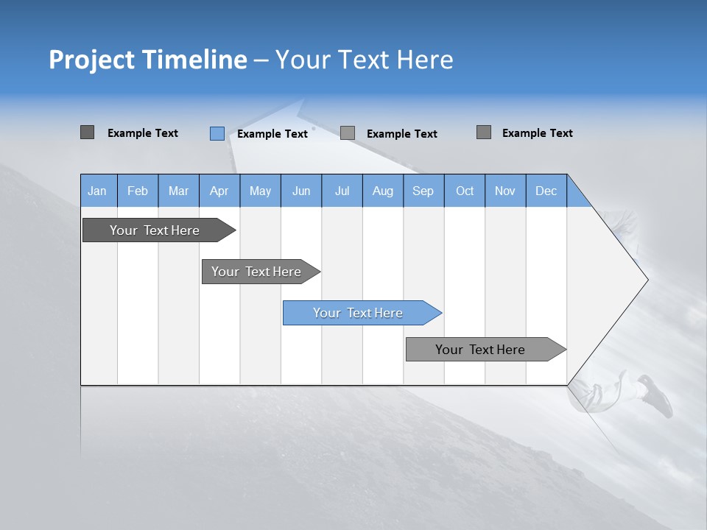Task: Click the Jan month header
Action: [97, 191]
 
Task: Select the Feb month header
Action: [138, 191]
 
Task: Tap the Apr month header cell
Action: [219, 191]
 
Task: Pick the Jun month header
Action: [301, 191]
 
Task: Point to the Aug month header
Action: [383, 191]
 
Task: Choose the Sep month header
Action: [423, 191]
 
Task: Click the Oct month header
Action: [465, 191]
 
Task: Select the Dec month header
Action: [546, 191]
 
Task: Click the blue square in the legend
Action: [217, 133]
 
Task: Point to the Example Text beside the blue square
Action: [272, 134]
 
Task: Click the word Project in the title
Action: [91, 60]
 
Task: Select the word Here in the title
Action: [425, 60]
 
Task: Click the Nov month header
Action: [505, 191]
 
